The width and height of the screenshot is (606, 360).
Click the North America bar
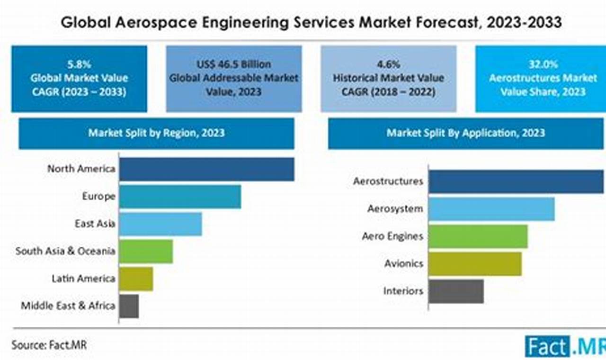coord(206,169)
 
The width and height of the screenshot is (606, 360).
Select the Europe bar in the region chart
coord(180,197)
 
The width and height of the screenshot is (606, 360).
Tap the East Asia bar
coord(160,224)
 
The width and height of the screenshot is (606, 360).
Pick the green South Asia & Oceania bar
coord(146,252)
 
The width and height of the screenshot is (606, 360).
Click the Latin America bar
coord(136,279)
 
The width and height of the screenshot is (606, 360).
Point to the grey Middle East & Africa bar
coord(129,306)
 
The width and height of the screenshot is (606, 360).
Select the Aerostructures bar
coord(516,181)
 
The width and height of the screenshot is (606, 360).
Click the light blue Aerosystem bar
coord(491,209)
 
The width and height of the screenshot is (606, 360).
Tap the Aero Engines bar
coord(478,236)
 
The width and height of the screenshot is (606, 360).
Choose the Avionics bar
coord(475,264)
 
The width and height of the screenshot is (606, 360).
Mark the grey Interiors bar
coord(456,291)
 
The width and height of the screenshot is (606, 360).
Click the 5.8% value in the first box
coord(79,64)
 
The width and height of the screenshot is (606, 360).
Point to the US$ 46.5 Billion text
coord(234,64)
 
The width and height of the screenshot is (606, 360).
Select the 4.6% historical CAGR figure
coord(388,64)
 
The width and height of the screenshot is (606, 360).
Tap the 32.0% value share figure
coord(543,64)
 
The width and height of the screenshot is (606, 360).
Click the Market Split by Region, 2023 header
coord(156,133)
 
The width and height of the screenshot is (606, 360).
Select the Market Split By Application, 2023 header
coord(466,133)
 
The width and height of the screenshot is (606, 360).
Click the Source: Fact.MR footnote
coord(49,345)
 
